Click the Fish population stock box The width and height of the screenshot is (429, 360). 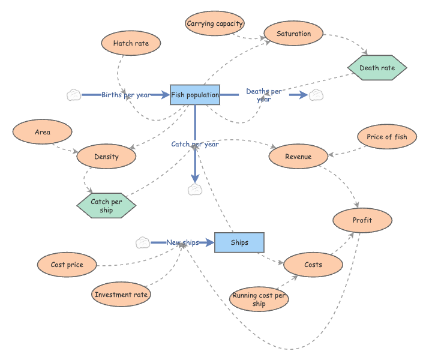pyautogui.click(x=195, y=95)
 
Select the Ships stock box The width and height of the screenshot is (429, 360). pyautogui.click(x=239, y=242)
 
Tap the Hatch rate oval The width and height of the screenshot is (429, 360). pyautogui.click(x=131, y=43)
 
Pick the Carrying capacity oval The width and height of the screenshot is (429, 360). pyautogui.click(x=215, y=24)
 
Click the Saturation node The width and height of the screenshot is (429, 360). pyautogui.click(x=293, y=34)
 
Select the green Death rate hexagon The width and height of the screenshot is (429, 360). pyautogui.click(x=377, y=68)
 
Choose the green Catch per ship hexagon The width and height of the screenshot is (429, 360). pyautogui.click(x=107, y=206)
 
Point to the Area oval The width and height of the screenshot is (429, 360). pyautogui.click(x=43, y=132)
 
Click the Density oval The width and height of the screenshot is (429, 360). pyautogui.click(x=106, y=157)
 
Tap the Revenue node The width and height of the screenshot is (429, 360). pyautogui.click(x=298, y=157)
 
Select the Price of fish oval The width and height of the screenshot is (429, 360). pyautogui.click(x=386, y=137)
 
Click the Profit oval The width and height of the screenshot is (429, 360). pyautogui.click(x=362, y=220)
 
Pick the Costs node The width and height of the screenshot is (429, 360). pyautogui.click(x=313, y=265)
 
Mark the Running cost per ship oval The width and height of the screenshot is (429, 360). pyautogui.click(x=259, y=299)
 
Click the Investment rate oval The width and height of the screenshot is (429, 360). pyautogui.click(x=121, y=295)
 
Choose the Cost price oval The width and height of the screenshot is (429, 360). pyautogui.click(x=67, y=265)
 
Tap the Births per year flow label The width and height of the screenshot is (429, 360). pyautogui.click(x=125, y=95)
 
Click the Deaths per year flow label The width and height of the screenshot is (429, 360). pyautogui.click(x=263, y=95)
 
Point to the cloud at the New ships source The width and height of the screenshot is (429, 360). pyautogui.click(x=143, y=242)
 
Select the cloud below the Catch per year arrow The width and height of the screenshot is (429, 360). pyautogui.click(x=195, y=190)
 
